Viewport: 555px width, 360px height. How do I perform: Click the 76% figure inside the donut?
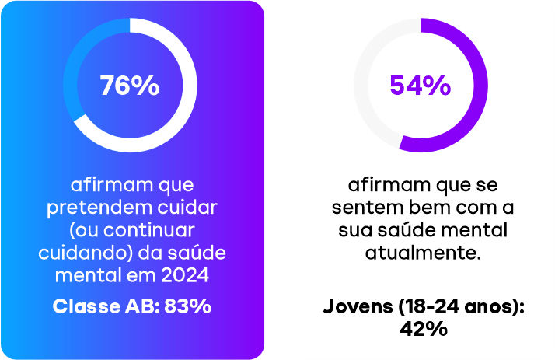[x=130, y=86]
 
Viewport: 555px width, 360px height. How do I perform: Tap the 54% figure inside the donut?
[x=420, y=86]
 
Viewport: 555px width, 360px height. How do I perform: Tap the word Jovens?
[x=357, y=306]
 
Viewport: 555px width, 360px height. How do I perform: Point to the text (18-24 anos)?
[x=464, y=306]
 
